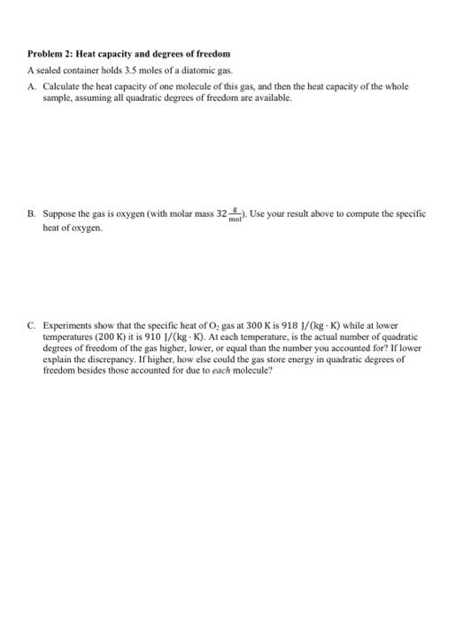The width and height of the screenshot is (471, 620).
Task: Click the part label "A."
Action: (31, 87)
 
